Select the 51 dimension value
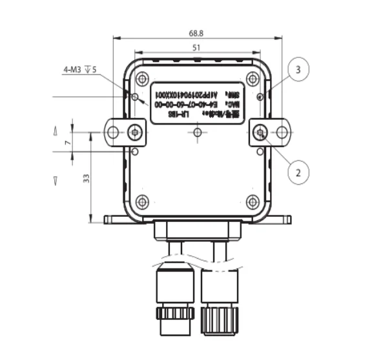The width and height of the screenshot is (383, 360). click(198, 48)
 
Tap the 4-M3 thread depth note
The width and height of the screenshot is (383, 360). click(81, 70)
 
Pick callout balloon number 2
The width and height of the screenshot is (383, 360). click(298, 172)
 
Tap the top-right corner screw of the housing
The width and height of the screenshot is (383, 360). click(253, 79)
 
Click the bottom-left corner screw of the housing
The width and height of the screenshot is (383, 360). click(143, 201)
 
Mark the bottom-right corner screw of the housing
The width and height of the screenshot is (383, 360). click(253, 201)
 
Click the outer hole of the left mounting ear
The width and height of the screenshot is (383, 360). click(113, 133)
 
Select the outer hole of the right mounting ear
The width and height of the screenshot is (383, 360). click(282, 133)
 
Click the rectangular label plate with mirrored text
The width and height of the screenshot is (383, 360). click(198, 102)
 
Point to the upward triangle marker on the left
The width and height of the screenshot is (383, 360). click(55, 132)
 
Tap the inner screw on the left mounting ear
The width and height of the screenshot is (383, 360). click(134, 133)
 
